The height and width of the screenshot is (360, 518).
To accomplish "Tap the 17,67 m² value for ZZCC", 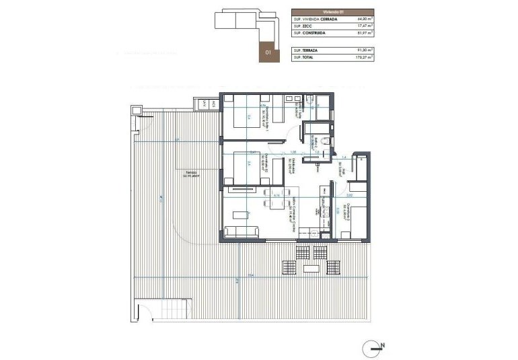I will (364, 26).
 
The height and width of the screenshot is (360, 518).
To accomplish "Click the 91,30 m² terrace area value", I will (364, 50).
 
